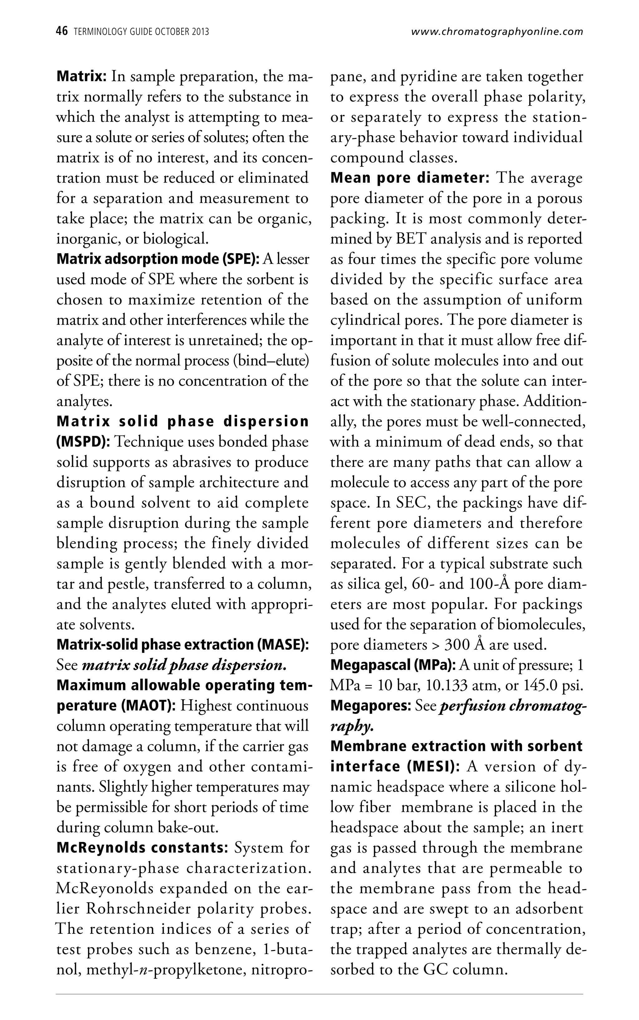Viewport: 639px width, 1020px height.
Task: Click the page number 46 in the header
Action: (62, 31)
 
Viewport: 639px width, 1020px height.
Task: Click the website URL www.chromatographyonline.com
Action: (497, 32)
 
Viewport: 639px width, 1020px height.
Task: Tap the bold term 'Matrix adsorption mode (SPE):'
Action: (158, 259)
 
